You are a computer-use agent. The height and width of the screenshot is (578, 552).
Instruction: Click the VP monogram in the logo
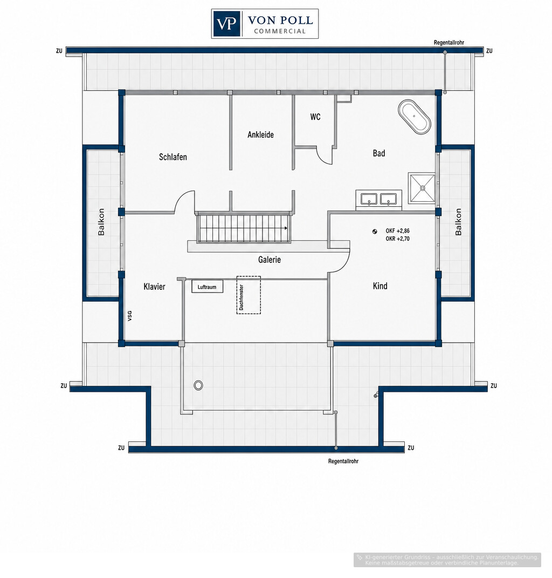click(x=226, y=24)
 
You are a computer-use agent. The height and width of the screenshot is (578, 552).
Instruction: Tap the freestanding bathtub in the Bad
click(x=415, y=117)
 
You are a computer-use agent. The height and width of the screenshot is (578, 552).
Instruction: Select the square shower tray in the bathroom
click(x=422, y=188)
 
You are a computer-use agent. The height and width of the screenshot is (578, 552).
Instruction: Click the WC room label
click(x=315, y=117)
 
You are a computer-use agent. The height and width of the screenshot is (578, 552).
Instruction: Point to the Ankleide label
click(x=260, y=134)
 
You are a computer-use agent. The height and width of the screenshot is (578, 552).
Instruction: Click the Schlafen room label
click(x=172, y=157)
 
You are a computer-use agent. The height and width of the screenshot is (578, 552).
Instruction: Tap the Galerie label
click(x=269, y=260)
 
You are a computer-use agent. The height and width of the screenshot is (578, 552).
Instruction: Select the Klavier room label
click(x=154, y=287)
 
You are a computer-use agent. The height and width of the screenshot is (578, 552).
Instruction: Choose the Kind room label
click(x=380, y=285)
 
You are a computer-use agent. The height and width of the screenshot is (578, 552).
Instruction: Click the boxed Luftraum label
click(x=208, y=287)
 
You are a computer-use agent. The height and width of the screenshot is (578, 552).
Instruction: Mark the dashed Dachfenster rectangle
click(x=249, y=295)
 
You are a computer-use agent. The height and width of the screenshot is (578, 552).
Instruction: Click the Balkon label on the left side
click(x=101, y=222)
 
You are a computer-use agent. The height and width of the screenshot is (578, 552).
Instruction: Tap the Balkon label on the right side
click(x=458, y=222)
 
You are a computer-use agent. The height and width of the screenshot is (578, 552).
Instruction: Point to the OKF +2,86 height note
click(x=397, y=231)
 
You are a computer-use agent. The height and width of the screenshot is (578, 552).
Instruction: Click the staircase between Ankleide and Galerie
click(x=244, y=228)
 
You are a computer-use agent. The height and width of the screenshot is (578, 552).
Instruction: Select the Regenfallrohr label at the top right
click(x=448, y=43)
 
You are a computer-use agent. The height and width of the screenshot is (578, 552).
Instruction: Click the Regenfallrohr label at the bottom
click(x=343, y=461)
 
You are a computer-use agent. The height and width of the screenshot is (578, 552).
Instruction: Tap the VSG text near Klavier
click(x=129, y=316)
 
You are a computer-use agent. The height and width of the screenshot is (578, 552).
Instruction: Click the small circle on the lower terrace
click(x=198, y=385)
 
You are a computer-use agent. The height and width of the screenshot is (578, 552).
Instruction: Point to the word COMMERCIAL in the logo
click(x=280, y=31)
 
